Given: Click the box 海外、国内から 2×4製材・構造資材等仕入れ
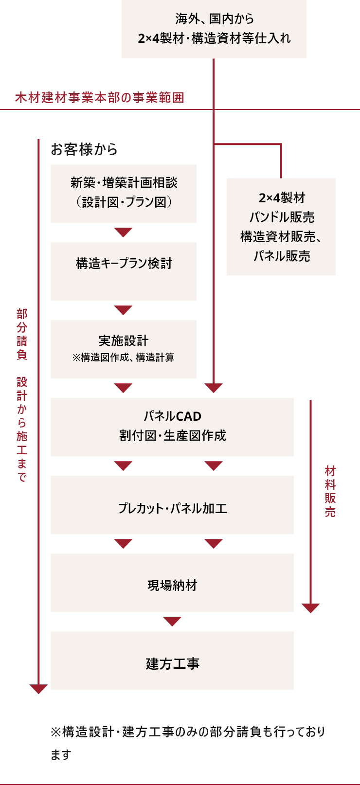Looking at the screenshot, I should pyautogui.click(x=214, y=29).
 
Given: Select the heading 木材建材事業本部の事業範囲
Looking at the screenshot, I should pyautogui.click(x=100, y=98).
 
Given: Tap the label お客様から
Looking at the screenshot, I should pyautogui.click(x=84, y=149).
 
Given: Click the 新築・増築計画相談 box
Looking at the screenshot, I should pyautogui.click(x=124, y=193).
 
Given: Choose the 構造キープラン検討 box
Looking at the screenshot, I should pyautogui.click(x=124, y=271).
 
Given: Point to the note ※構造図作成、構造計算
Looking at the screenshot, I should pyautogui.click(x=124, y=357).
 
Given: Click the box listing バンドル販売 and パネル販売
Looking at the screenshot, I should pyautogui.click(x=281, y=227).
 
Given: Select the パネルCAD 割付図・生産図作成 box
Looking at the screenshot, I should pyautogui.click(x=172, y=427).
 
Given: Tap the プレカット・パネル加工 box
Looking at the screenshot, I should pyautogui.click(x=172, y=505).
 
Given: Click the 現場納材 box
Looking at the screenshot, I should pyautogui.click(x=172, y=583).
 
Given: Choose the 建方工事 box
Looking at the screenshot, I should pyautogui.click(x=172, y=660).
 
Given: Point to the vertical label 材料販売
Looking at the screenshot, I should pyautogui.click(x=330, y=491).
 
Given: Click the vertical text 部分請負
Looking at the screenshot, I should pyautogui.click(x=22, y=334).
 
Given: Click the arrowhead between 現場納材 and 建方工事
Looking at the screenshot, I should pyautogui.click(x=172, y=621).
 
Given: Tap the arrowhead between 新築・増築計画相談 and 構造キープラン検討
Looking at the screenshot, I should pyautogui.click(x=124, y=232).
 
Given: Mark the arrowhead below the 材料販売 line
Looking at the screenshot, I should pyautogui.click(x=310, y=608).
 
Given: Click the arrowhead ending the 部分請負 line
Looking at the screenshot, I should pyautogui.click(x=38, y=689).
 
